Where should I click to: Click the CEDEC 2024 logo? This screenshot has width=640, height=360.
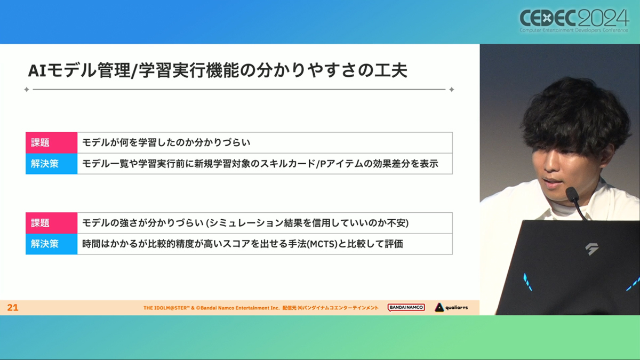point(574,21)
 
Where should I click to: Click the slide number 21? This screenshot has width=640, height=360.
point(13,307)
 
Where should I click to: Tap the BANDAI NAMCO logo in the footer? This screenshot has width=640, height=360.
point(406,307)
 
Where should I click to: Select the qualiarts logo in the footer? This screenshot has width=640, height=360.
point(451,307)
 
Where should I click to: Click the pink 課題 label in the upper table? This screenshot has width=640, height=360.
point(51,142)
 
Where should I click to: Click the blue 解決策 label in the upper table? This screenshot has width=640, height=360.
point(51,164)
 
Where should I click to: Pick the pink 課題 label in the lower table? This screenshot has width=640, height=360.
point(51,223)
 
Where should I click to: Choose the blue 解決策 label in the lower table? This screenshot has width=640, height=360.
point(51,244)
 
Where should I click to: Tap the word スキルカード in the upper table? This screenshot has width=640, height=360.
point(287,164)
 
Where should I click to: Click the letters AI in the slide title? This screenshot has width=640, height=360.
point(37,70)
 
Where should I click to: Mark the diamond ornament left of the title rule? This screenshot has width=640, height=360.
point(27,90)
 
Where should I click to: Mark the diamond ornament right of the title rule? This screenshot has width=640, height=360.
point(451,90)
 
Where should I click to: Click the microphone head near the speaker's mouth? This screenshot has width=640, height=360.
point(572,194)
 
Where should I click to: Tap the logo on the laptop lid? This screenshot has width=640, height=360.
point(591,249)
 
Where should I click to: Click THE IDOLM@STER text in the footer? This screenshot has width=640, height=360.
point(166,308)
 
